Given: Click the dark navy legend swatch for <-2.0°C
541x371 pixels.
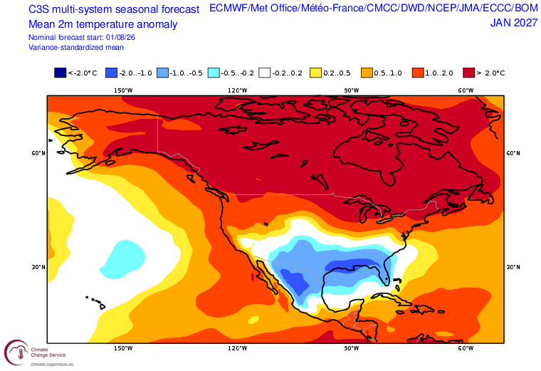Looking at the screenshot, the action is coord(60,73).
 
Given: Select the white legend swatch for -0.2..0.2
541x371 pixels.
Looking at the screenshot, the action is coord(265,73).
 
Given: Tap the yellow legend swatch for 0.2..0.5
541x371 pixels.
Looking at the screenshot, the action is coord(315,73).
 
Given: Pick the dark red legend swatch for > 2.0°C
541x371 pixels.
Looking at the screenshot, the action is coord(469,73).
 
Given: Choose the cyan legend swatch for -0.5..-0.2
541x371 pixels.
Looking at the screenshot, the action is coord(214,73).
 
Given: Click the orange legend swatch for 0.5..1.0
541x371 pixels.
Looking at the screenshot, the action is coord(367,73).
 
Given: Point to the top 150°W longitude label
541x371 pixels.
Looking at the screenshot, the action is coord(123,90).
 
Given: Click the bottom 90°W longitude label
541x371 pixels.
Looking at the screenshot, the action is coord(351,348).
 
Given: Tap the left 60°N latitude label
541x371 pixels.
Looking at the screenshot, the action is coord(38,153).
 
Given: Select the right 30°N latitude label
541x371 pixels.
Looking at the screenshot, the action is coord(513,267).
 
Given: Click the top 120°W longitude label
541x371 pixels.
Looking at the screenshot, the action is coord(237,90).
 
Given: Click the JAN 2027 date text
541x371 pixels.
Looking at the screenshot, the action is coord(514,23).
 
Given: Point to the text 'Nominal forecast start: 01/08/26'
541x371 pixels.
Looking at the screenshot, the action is coord(82,37).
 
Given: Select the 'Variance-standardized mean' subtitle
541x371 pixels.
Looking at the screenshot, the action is coord(76,47).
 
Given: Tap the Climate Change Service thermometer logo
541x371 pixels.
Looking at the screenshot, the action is coord(17,352).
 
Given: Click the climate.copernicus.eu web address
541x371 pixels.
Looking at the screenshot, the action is coord(52,364).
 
